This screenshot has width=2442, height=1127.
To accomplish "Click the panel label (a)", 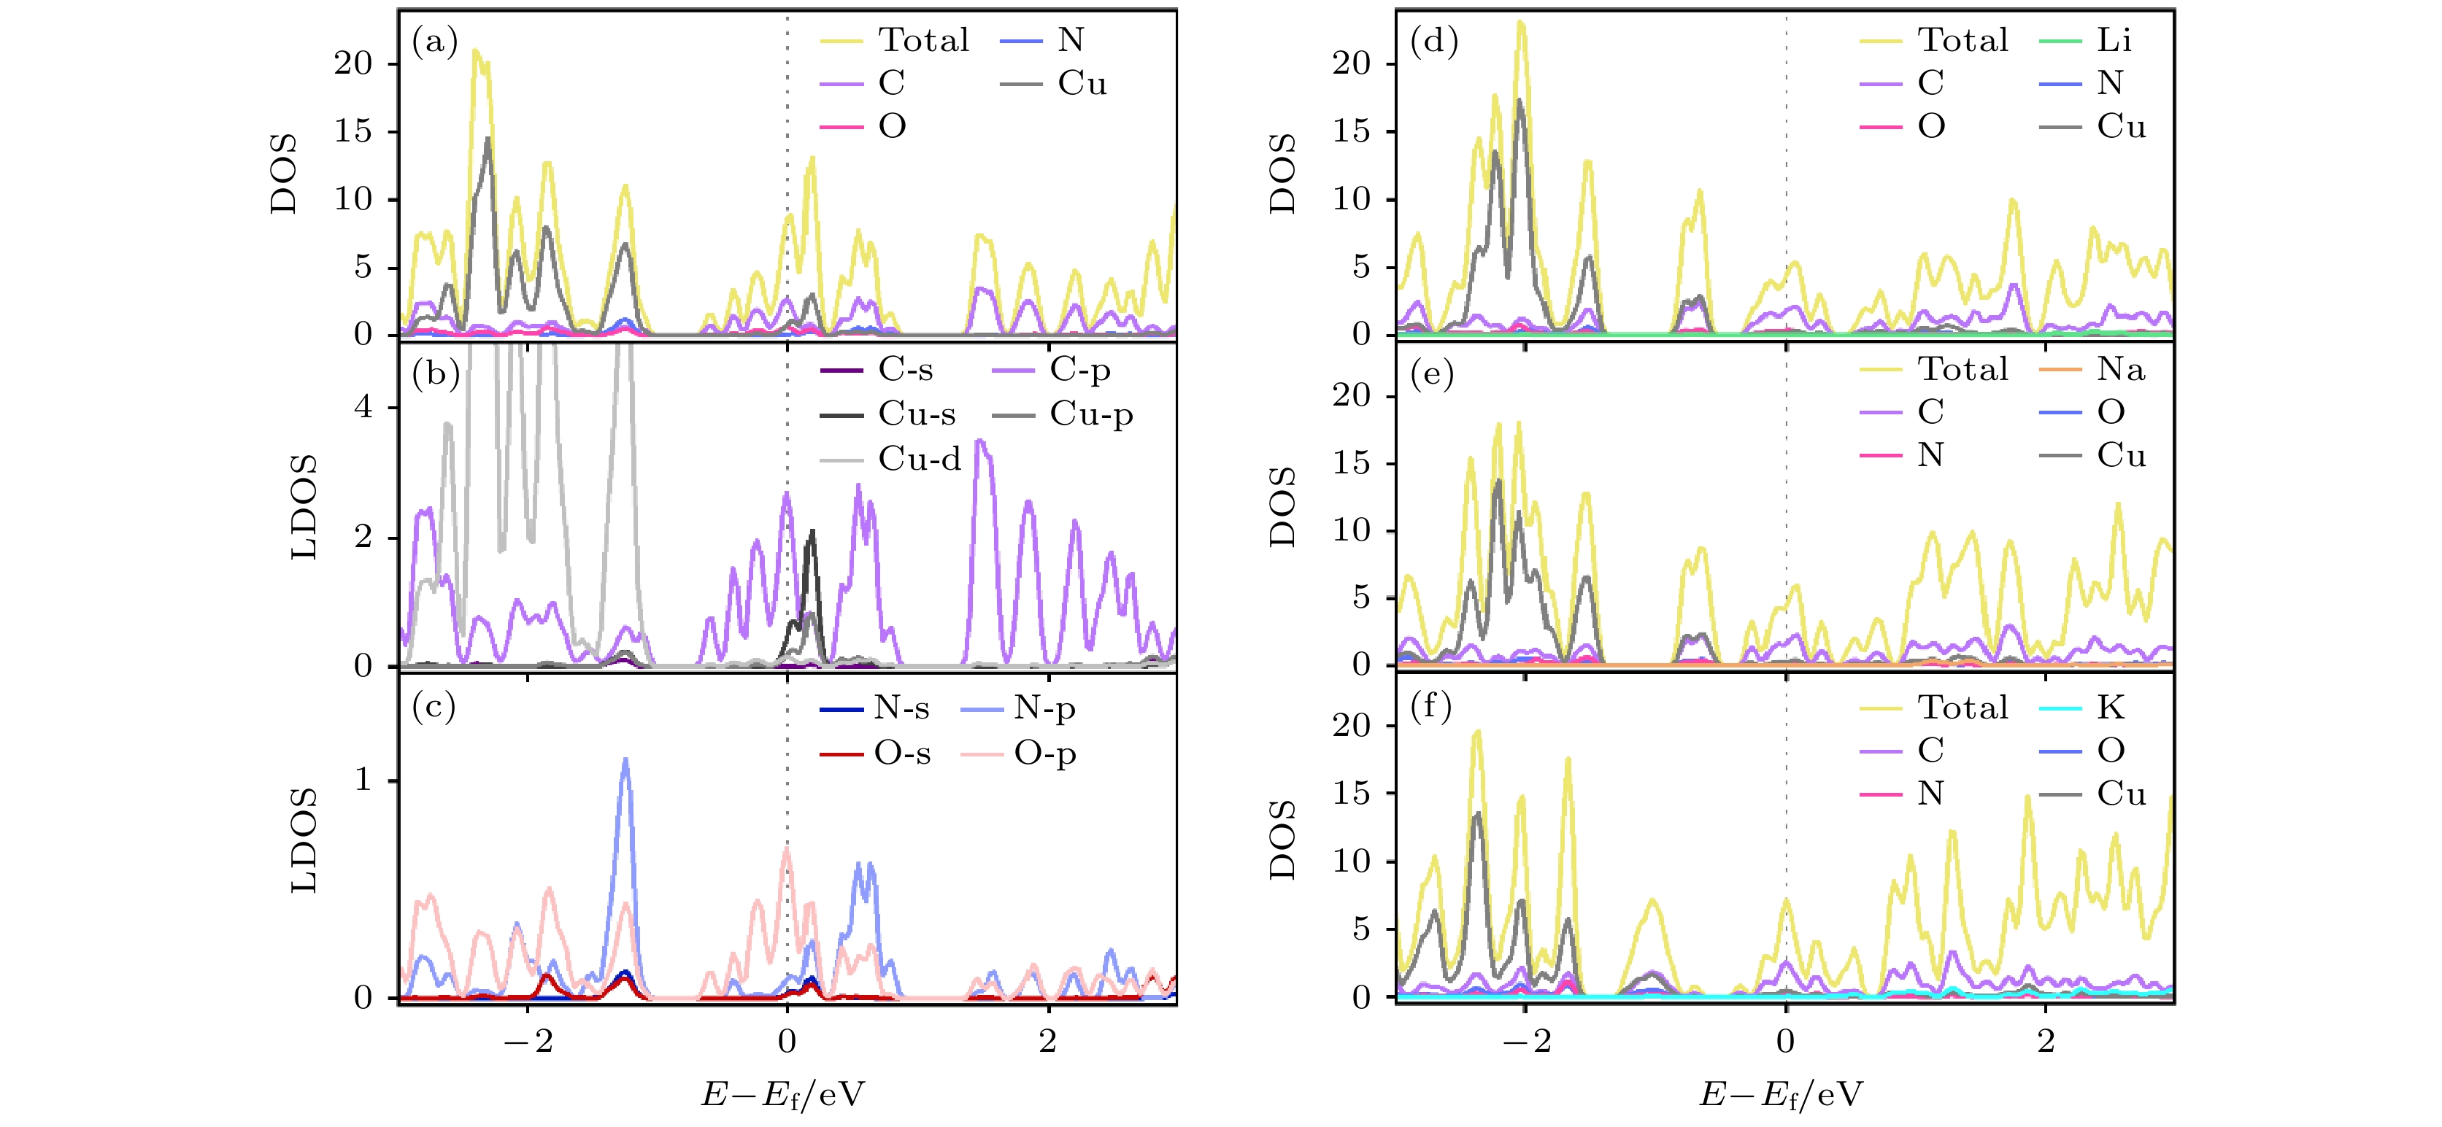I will pos(434,41).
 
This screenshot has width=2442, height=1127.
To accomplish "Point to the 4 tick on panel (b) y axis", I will pos(363,408).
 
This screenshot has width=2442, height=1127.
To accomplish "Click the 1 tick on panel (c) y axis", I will pos(363,780).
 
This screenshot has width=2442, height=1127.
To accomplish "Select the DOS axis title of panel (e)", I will pos(1282,506).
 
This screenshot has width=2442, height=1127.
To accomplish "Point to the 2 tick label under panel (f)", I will pos(2046,1041).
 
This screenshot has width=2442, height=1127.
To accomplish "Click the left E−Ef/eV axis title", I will pos(783,1095).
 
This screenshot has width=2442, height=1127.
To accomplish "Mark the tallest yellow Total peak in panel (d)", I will pos(1520,23).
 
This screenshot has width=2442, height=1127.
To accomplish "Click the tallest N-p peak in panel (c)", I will pos(625,760).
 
